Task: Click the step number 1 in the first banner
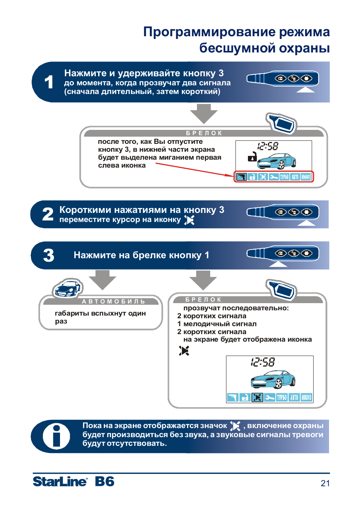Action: [49, 82]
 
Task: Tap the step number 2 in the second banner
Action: [48, 214]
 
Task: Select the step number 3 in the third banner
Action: [49, 255]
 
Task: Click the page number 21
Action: [325, 483]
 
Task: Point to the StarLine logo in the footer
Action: [60, 482]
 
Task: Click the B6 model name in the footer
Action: [105, 482]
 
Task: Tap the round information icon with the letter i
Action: [56, 436]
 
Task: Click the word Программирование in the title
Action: [209, 32]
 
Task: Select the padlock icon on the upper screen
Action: [252, 156]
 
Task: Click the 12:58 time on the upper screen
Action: [268, 146]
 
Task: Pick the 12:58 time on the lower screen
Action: [263, 362]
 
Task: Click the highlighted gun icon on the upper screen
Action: [242, 177]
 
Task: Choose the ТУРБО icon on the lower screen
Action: [282, 398]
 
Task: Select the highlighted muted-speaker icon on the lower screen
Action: [257, 398]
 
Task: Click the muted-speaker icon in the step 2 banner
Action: [189, 220]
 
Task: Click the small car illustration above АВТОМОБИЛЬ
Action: [67, 289]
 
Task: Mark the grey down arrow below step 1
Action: [204, 114]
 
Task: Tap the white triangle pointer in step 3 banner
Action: [278, 264]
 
